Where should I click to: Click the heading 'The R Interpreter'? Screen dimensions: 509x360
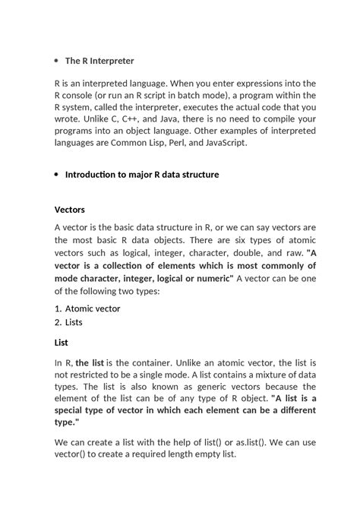pyautogui.click(x=99, y=60)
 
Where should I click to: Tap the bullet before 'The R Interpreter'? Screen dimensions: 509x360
pyautogui.click(x=57, y=60)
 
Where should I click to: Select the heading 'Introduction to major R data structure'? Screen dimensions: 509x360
pyautogui.click(x=142, y=174)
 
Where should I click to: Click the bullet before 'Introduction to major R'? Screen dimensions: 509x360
pyautogui.click(x=57, y=175)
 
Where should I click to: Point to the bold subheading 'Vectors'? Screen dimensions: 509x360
pyautogui.click(x=70, y=209)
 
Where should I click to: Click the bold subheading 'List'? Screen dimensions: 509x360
pyautogui.click(x=61, y=342)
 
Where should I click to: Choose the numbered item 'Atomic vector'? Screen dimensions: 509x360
pyautogui.click(x=93, y=308)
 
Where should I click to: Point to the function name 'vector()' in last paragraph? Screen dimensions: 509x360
pyautogui.click(x=73, y=454)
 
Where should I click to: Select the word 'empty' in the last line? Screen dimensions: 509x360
pyautogui.click(x=209, y=454)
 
